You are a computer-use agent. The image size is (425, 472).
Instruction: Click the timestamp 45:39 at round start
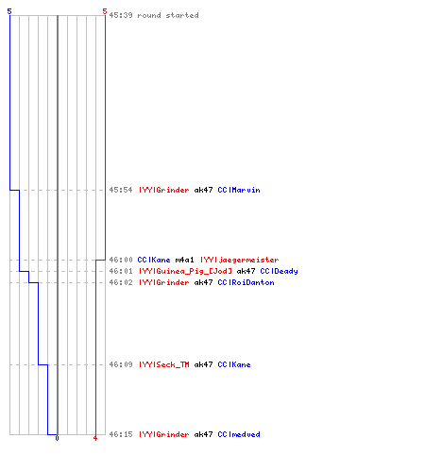pos(121,15)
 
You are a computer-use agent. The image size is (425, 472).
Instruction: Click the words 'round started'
pos(168,15)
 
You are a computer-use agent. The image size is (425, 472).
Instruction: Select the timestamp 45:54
pos(121,190)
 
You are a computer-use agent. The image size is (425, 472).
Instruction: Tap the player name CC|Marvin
pos(239,190)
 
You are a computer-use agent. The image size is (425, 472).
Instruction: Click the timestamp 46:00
pos(121,260)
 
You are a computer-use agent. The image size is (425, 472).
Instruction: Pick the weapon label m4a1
pos(185,260)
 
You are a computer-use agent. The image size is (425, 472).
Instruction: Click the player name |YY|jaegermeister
pos(240,260)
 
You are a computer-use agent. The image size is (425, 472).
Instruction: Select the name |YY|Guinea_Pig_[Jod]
pos(186,271)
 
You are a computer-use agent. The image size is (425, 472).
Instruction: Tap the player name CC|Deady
pos(279,271)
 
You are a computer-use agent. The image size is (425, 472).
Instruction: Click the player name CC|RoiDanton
pos(246,282)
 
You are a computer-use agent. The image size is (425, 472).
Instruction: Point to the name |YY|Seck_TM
pos(164,364)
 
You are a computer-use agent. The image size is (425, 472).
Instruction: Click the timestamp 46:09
pos(121,364)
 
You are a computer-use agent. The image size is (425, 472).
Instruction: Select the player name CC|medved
pos(239,434)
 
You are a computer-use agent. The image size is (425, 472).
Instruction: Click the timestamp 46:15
pos(121,434)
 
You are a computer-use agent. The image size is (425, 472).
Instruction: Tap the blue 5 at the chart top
pos(9,11)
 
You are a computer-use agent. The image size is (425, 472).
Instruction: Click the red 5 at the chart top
pos(105,11)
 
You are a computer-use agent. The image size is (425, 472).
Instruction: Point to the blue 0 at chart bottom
pos(57,438)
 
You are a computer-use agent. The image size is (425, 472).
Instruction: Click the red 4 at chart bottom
pos(95,438)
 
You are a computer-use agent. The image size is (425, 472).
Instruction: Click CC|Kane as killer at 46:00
pos(154,260)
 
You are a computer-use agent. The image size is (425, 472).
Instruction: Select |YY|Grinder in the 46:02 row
pos(164,282)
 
